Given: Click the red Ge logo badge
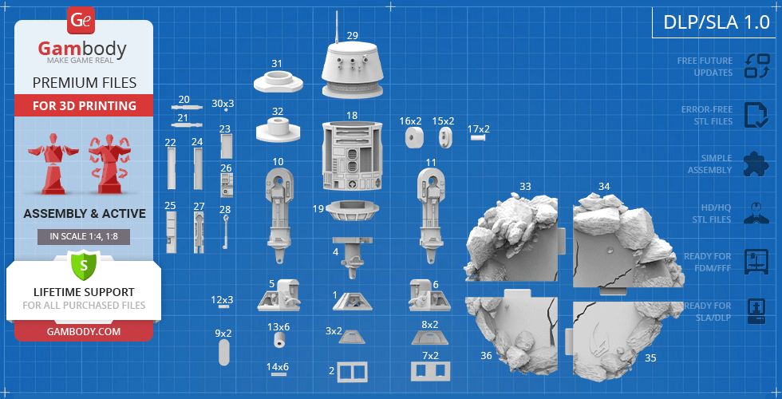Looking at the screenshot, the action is pyautogui.click(x=81, y=20).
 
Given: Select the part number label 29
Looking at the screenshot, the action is pyautogui.click(x=353, y=35).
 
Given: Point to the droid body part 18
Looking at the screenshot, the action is pyautogui.click(x=352, y=156).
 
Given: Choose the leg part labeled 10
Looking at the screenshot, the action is pyautogui.click(x=278, y=215).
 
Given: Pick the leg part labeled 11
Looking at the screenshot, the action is pyautogui.click(x=430, y=215).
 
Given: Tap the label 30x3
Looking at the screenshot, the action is pyautogui.click(x=223, y=103).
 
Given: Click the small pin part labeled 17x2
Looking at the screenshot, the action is pyautogui.click(x=479, y=136).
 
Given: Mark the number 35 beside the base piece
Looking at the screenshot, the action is pyautogui.click(x=650, y=358).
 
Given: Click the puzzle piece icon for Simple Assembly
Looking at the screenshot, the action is pyautogui.click(x=756, y=164).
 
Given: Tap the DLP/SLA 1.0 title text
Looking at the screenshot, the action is pyautogui.click(x=717, y=22).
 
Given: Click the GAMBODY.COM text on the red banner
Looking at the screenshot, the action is pyautogui.click(x=84, y=330).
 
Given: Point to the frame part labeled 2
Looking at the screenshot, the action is pyautogui.click(x=352, y=372).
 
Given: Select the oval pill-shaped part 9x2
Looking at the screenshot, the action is pyautogui.click(x=224, y=353).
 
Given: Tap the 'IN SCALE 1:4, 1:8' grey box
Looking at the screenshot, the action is pyautogui.click(x=84, y=237).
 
